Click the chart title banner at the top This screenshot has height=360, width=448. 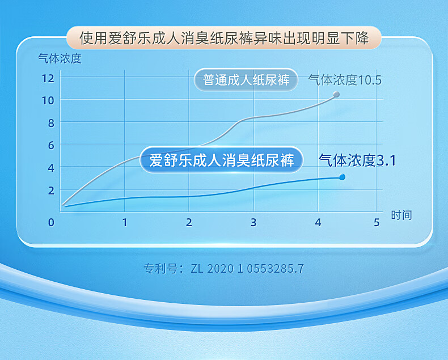(224, 38)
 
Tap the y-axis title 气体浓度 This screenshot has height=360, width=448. (60, 58)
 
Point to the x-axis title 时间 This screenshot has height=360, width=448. (401, 215)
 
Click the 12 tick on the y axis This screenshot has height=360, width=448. (48, 78)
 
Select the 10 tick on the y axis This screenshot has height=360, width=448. (48, 100)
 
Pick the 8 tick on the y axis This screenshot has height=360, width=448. (51, 123)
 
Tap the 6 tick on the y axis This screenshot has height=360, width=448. (51, 146)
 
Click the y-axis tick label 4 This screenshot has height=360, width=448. (51, 168)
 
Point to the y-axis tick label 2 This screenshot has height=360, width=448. (51, 190)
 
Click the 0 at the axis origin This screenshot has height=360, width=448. (51, 222)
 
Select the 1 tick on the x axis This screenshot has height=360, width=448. (125, 222)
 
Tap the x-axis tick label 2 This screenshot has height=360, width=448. (189, 222)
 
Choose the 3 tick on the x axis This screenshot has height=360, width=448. (253, 222)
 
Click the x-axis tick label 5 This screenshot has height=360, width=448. (377, 222)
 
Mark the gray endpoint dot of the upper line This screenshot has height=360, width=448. (336, 94)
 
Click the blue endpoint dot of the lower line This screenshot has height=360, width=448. (342, 177)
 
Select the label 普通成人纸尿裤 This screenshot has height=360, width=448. (246, 80)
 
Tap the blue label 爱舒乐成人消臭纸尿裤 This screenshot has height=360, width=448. (221, 160)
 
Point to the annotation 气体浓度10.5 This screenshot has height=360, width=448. (345, 80)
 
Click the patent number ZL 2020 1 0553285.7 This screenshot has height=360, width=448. (247, 269)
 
